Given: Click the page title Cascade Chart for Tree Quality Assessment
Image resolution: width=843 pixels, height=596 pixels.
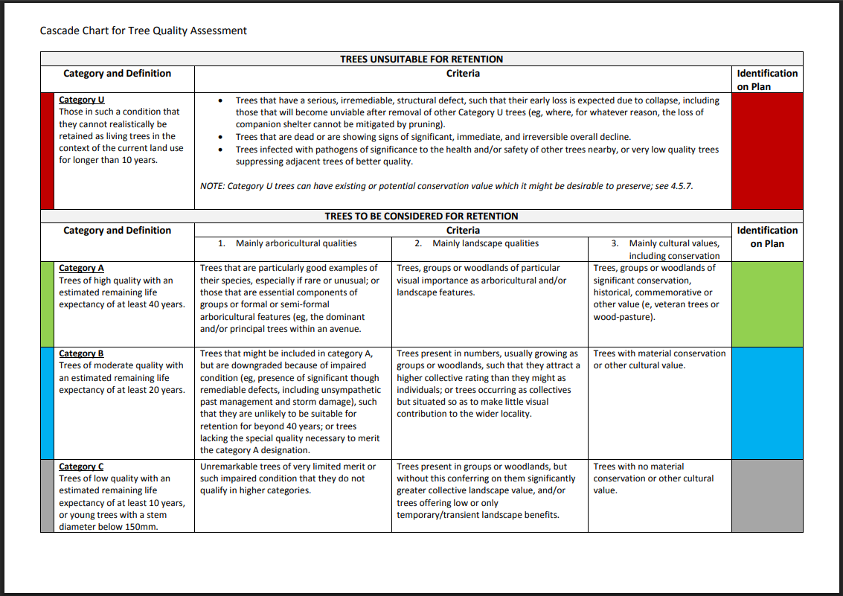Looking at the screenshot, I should point(143,31).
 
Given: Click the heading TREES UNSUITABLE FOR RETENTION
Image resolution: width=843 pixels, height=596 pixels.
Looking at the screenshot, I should point(421,59).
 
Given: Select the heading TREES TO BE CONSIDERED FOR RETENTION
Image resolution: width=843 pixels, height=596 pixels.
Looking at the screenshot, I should point(421,216).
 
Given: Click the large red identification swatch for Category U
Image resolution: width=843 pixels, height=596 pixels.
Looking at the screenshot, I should point(767,151).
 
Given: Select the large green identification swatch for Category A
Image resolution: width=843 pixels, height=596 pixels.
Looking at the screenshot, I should point(767,304).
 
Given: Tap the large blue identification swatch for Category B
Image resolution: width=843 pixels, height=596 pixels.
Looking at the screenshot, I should point(767,403).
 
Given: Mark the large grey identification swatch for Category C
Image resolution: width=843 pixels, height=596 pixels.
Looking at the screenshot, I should point(767,496).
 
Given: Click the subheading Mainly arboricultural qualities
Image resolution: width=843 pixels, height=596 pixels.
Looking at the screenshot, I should point(295,243).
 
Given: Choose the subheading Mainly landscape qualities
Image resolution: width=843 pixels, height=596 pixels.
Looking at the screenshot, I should point(485,243).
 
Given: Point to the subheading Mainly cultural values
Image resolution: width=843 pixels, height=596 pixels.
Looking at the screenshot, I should point(673,243).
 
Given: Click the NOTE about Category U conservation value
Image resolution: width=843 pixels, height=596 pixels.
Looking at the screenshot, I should point(446,185).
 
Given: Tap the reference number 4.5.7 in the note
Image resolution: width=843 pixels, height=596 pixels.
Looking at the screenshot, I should point(679,185).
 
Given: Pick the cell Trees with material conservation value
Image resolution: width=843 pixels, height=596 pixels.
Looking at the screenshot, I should point(659,359).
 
